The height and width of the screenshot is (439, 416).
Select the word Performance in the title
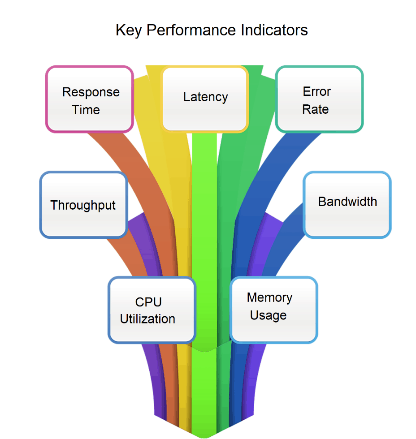(x=191, y=30)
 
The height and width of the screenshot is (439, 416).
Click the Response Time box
(x=90, y=99)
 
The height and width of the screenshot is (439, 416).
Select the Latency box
(x=205, y=99)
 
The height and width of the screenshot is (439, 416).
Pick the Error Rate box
(x=319, y=99)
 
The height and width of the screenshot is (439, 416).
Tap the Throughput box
(x=83, y=205)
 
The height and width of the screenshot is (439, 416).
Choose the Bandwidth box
(x=347, y=205)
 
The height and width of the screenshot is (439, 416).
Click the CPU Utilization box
(x=152, y=310)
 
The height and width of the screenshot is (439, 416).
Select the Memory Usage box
(x=273, y=310)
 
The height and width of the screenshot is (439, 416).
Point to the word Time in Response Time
(x=86, y=110)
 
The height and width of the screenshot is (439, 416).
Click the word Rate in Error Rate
(x=316, y=109)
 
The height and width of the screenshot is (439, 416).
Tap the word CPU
(x=148, y=301)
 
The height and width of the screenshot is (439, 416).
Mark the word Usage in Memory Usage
(x=268, y=315)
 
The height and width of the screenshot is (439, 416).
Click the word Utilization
(x=147, y=319)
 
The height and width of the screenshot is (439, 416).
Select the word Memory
(x=269, y=297)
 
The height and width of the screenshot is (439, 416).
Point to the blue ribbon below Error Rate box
(x=269, y=157)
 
